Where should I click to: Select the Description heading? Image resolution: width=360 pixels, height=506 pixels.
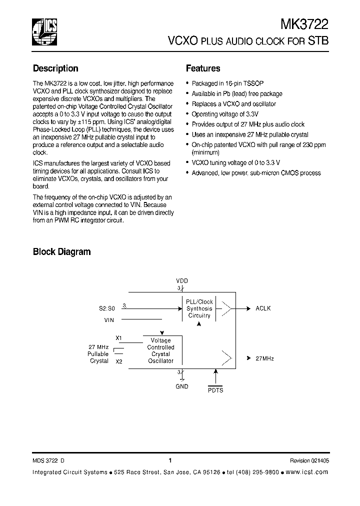coord(55,68)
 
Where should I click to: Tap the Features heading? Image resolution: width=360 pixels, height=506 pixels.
coord(203,68)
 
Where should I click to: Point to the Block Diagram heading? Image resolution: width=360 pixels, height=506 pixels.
coord(61,252)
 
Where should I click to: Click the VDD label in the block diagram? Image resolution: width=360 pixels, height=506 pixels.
coord(182,281)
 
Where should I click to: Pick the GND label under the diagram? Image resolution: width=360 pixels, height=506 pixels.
coord(182,386)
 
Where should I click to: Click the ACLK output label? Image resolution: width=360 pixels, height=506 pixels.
coord(263,308)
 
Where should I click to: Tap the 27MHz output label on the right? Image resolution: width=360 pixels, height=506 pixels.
coord(264,358)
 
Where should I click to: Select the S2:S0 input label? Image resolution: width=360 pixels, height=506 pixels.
coord(106,308)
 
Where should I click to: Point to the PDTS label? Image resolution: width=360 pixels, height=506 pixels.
coord(215,390)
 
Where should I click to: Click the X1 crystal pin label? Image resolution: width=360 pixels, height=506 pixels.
coord(118,338)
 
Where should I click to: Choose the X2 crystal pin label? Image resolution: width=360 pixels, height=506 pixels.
coord(118,361)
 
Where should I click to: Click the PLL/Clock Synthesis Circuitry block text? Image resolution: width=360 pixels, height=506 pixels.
coord(199,308)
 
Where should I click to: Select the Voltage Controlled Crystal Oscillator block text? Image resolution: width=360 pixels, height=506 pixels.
coord(160,350)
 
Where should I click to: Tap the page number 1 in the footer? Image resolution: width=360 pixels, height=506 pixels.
coord(170,460)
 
